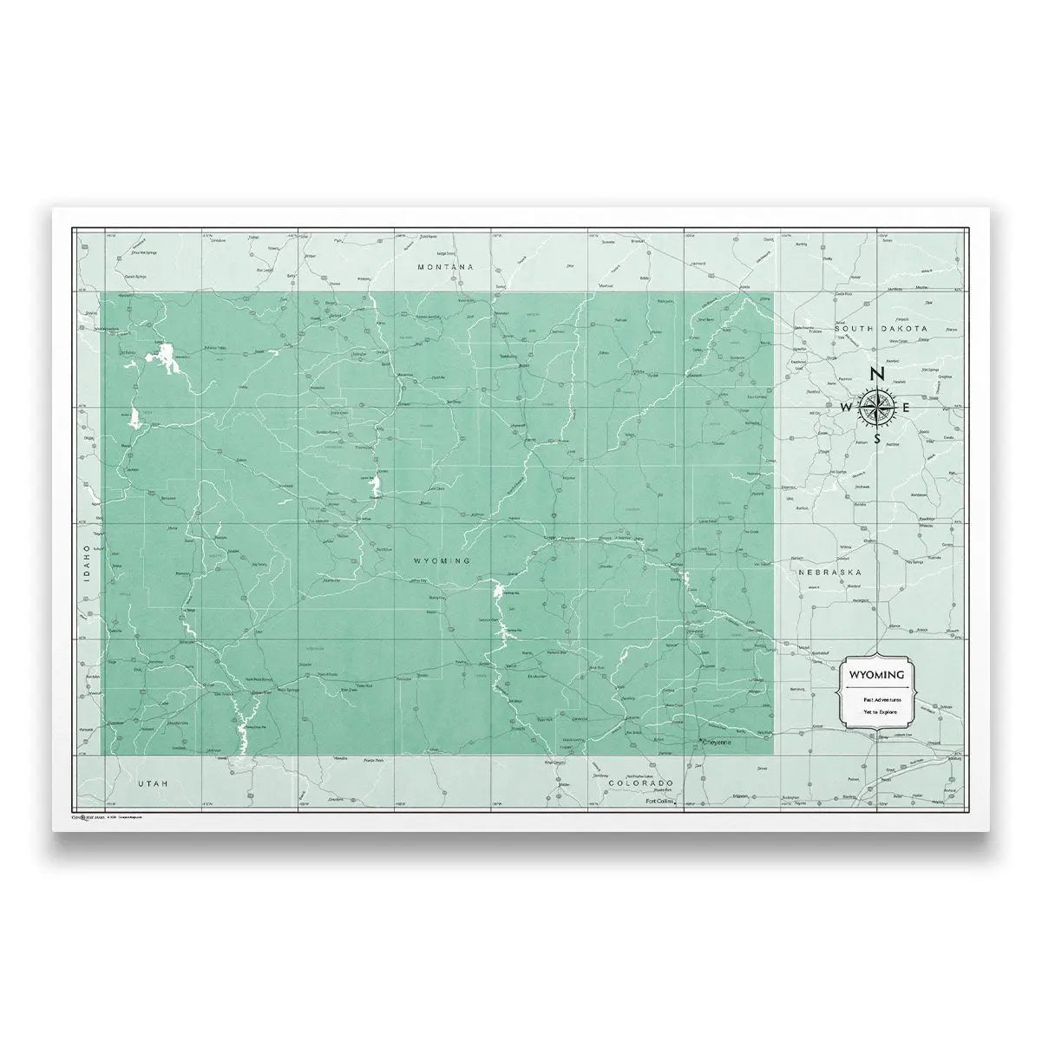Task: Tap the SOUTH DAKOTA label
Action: tap(881, 329)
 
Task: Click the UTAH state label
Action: tap(151, 782)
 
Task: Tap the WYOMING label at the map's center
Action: tap(442, 561)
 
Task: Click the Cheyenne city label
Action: tap(721, 742)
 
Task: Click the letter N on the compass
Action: tap(878, 375)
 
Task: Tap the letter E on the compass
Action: tap(907, 408)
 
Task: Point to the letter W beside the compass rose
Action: tap(847, 408)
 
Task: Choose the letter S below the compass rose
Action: tap(878, 439)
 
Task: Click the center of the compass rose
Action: tap(878, 407)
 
